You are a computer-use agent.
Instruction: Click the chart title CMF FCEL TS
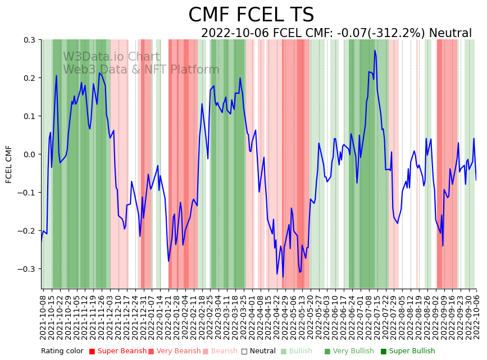251,15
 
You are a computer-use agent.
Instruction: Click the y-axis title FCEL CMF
9,164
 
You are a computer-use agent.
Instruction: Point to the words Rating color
62,351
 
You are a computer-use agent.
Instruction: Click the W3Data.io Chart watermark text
111,57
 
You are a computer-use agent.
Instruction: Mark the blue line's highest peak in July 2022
375,51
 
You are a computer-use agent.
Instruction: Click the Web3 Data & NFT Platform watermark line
141,70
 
